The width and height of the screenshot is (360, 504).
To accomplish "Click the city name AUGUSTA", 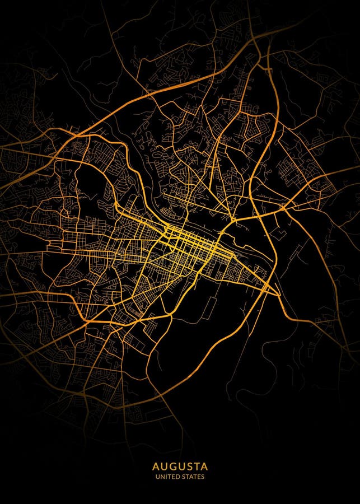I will (180, 466).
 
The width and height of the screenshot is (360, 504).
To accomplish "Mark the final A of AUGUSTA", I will (204, 466).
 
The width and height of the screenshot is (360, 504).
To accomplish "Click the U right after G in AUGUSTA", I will (179, 466).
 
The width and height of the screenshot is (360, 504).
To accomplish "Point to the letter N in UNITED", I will (163, 477).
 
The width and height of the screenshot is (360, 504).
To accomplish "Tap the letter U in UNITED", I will (158, 477).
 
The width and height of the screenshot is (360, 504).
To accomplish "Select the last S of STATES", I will (203, 477).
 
